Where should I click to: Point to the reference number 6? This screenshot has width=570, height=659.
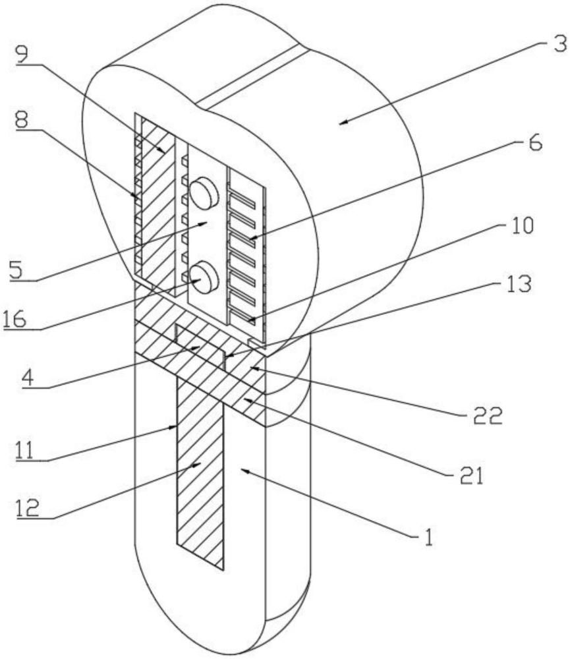(535, 143)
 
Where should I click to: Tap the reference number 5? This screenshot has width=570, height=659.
(16, 270)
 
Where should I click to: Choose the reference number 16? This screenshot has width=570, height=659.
(14, 320)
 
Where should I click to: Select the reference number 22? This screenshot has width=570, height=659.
(488, 416)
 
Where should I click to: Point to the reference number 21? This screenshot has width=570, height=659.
(470, 476)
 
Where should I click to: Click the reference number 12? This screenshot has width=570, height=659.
(28, 508)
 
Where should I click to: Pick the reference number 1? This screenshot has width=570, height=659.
(428, 537)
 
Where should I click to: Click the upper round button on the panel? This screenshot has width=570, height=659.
(204, 193)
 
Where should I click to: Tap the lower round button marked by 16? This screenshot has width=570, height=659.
(204, 277)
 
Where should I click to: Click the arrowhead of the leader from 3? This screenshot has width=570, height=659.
(344, 123)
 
